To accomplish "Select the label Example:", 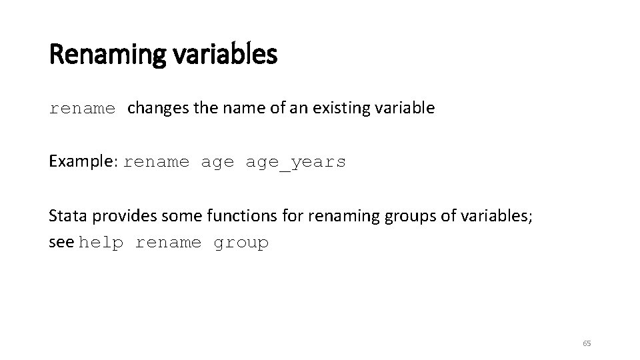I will (x=83, y=161).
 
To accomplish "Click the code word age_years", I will (x=296, y=162).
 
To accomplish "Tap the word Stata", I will (x=68, y=215).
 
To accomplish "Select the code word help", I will (x=101, y=243).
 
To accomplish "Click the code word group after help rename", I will (x=241, y=243).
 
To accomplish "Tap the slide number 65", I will (x=587, y=343).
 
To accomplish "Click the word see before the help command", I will (x=61, y=243).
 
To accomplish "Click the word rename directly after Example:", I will (x=157, y=162).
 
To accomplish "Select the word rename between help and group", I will (x=168, y=243).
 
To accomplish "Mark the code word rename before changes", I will (x=83, y=109).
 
